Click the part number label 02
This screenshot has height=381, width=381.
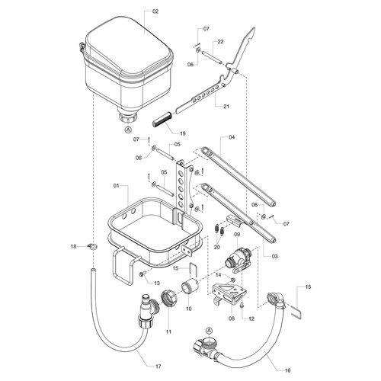(155, 11)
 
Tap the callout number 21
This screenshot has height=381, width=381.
(226, 107)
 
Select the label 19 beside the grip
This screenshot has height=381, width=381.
(183, 133)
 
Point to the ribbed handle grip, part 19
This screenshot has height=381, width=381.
(162, 119)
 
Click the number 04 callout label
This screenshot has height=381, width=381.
(232, 137)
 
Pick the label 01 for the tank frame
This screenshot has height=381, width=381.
(116, 186)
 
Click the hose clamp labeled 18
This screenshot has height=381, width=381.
(92, 246)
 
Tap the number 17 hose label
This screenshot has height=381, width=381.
(158, 367)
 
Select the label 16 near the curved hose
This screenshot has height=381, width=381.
(287, 370)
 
